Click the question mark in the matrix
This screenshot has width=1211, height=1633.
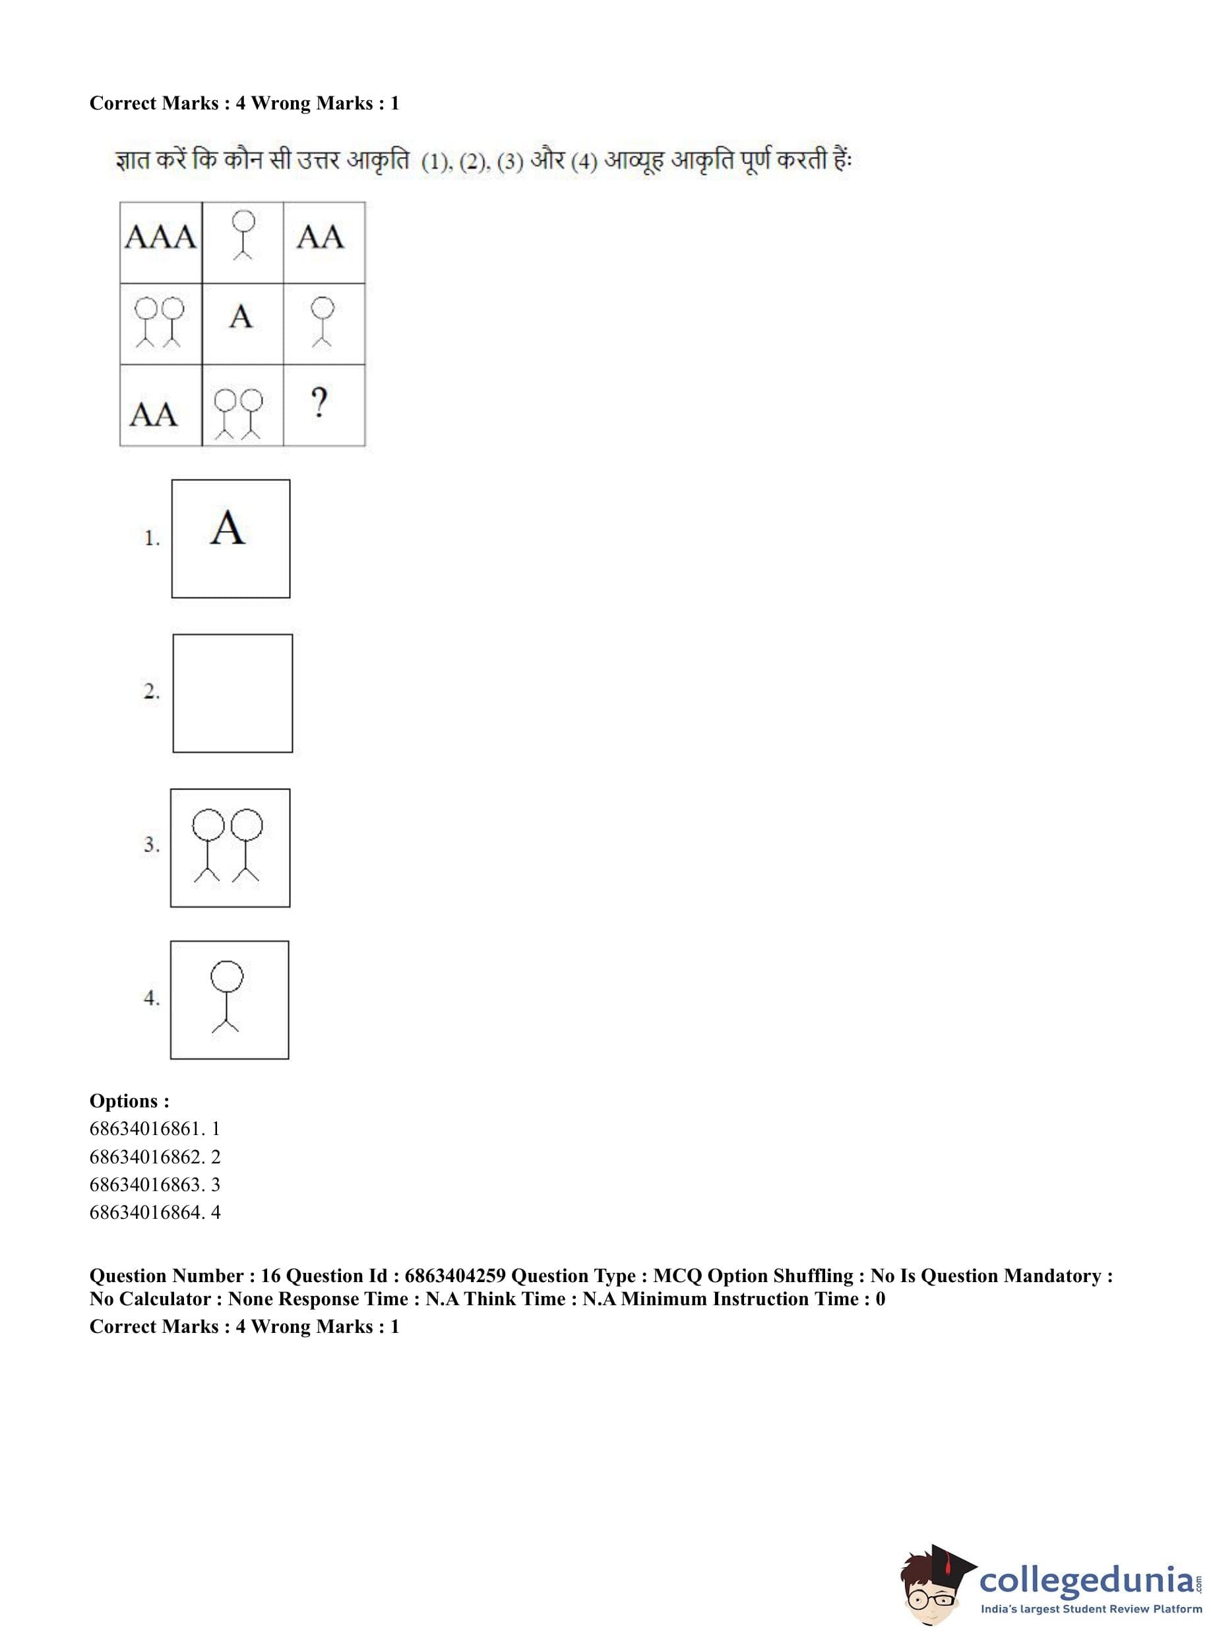click(318, 403)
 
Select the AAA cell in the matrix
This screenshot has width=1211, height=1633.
click(160, 237)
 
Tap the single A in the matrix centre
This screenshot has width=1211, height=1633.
click(241, 317)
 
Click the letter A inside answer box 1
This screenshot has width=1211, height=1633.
click(228, 528)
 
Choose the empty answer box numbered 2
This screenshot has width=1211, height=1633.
click(232, 693)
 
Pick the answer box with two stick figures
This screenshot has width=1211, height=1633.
click(230, 847)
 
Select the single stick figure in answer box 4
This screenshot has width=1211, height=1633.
click(226, 997)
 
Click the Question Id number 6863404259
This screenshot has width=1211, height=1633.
click(454, 1276)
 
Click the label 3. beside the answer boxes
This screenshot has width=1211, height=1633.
click(152, 845)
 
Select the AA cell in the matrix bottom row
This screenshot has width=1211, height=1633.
click(154, 415)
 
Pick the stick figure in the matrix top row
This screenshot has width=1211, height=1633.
click(243, 234)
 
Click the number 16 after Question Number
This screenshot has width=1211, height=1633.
click(270, 1276)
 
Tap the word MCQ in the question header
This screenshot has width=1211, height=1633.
click(677, 1276)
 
